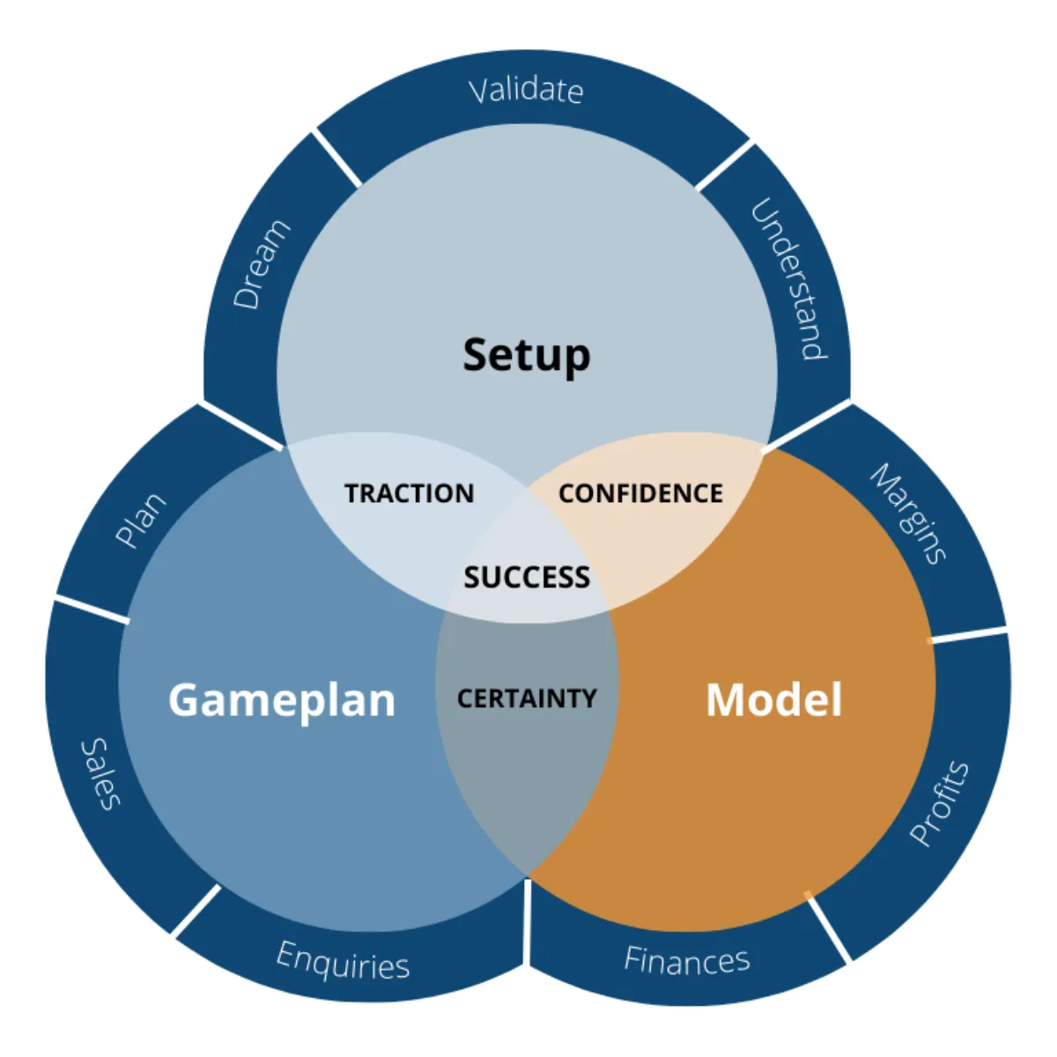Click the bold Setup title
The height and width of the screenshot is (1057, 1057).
(x=527, y=355)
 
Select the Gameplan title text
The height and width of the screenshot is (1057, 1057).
(x=282, y=700)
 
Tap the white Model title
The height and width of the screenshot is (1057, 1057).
(x=773, y=700)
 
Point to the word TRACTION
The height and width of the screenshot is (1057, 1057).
(x=409, y=493)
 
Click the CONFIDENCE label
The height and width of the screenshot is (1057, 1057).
(x=640, y=493)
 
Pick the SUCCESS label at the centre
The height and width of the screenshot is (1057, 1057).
(x=527, y=578)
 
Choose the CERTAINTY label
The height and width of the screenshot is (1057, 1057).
(x=527, y=699)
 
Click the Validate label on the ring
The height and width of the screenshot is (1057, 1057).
(x=526, y=90)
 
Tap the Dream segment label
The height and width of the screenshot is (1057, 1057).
(x=261, y=264)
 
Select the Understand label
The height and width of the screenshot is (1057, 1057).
(x=789, y=280)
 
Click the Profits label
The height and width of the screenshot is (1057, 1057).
(x=939, y=802)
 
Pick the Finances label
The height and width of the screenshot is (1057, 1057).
(x=687, y=960)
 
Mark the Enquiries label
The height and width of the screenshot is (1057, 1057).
(x=344, y=961)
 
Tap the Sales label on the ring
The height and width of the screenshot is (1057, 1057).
(x=100, y=773)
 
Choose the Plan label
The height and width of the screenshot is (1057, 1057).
(x=141, y=521)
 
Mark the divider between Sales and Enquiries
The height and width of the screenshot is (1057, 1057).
(x=196, y=910)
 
